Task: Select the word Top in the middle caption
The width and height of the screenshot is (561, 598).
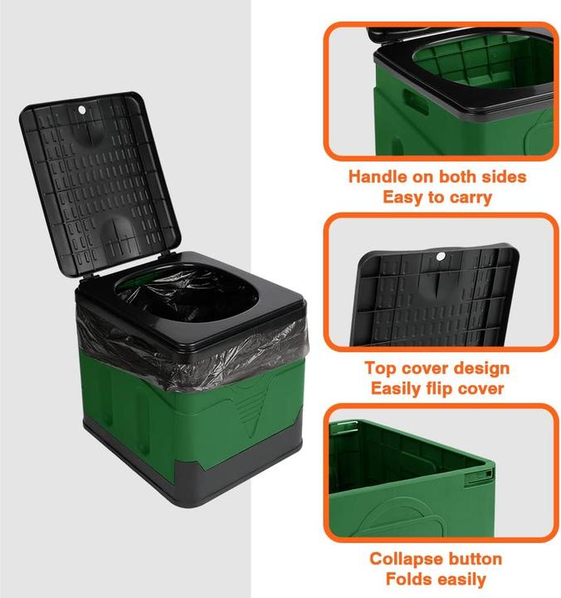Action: tap(381, 368)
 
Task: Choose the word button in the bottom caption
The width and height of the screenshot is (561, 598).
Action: tap(474, 559)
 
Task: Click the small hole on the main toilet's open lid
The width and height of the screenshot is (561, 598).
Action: tap(84, 110)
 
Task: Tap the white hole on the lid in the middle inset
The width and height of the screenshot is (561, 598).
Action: tap(441, 256)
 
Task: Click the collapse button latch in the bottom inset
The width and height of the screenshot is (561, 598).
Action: tap(479, 476)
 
